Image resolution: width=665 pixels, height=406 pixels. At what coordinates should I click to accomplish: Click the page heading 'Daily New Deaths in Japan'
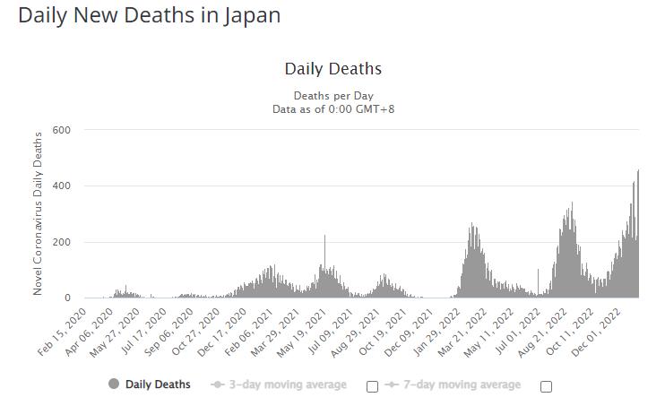[149, 16]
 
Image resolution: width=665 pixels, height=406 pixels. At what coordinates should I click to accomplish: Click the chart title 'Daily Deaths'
[332, 69]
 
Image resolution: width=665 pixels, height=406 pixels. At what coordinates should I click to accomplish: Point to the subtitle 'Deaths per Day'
[332, 96]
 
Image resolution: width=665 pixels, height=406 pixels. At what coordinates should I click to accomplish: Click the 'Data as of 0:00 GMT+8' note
[332, 108]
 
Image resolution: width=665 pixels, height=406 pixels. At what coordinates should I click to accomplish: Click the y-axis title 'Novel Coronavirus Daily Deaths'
[38, 213]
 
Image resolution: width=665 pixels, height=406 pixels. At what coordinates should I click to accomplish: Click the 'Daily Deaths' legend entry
[158, 384]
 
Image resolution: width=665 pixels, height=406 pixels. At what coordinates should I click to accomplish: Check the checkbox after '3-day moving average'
[373, 386]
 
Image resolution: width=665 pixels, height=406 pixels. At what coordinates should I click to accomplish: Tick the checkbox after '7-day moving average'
[546, 386]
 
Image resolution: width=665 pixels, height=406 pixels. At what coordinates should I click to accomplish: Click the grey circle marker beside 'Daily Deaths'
[113, 384]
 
